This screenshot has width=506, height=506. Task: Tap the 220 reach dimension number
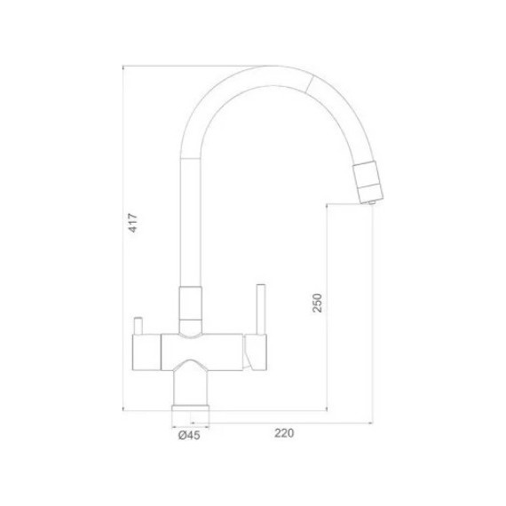pos(283,434)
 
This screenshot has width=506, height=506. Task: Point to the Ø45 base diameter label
pos(188,435)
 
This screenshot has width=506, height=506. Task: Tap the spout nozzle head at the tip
pos(370,182)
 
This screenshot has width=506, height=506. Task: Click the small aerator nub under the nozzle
pos(372,203)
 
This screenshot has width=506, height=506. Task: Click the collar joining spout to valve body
pos(191,306)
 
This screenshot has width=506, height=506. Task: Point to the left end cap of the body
pos(145,352)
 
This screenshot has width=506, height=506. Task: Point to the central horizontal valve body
pos(199,352)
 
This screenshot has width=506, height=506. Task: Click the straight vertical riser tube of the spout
pos(191,222)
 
